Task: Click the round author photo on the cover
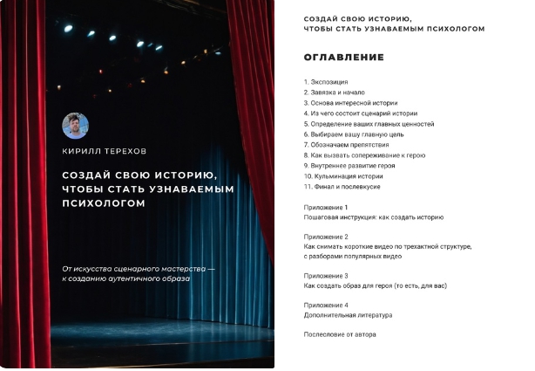coord(75,125)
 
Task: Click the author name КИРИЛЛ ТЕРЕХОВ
coord(105,150)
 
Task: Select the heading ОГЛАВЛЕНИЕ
coord(343,58)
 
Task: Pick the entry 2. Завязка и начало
coord(334,93)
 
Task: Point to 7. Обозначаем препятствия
coord(346,145)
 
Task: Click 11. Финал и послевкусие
coord(342,187)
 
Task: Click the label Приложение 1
coord(326,208)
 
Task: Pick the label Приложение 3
coord(326,276)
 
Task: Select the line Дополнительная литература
coord(348,315)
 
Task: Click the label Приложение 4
coord(326,305)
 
